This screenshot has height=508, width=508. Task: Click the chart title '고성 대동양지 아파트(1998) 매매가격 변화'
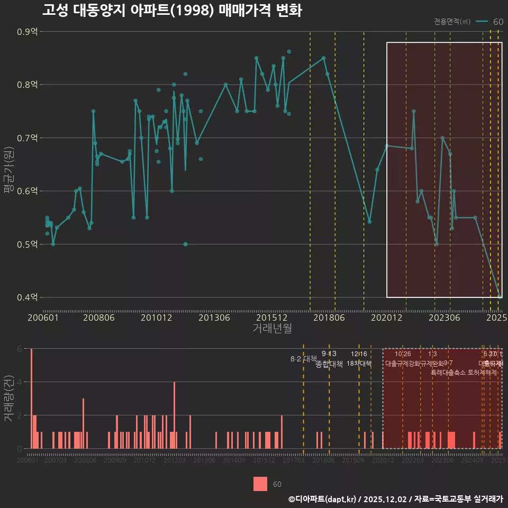pyautogui.click(x=172, y=11)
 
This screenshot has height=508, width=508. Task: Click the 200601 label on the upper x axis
pyautogui.click(x=43, y=317)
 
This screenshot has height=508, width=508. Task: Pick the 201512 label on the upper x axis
pyautogui.click(x=272, y=317)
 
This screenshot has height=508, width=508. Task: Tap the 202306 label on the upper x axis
pyautogui.click(x=443, y=317)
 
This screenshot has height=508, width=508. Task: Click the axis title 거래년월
pyautogui.click(x=272, y=329)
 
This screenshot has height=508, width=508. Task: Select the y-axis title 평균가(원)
pyautogui.click(x=8, y=164)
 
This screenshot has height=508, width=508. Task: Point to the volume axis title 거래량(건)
pyautogui.click(x=8, y=398)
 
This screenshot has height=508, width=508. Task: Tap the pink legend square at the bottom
pyautogui.click(x=260, y=484)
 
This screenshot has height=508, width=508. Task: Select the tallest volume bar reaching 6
pyautogui.click(x=32, y=398)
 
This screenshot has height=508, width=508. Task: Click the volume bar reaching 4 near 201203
pyautogui.click(x=175, y=415)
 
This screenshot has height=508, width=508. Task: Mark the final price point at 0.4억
pyautogui.click(x=500, y=297)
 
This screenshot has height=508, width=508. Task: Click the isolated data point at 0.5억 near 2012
pyautogui.click(x=185, y=244)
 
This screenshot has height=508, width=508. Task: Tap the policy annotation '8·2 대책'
pyautogui.click(x=303, y=359)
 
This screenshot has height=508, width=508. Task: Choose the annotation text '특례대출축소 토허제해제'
pyautogui.click(x=464, y=373)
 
